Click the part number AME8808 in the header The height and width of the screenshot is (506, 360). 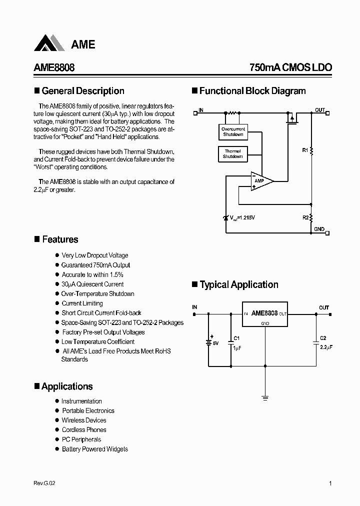(x=54, y=68)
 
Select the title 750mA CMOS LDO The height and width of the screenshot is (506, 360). (x=290, y=68)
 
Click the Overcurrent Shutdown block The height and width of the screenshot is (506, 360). (x=233, y=132)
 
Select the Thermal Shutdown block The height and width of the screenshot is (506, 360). (x=232, y=154)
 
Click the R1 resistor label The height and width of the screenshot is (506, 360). (x=305, y=150)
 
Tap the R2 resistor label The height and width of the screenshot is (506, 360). (x=305, y=217)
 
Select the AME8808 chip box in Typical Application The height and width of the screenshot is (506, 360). (x=265, y=314)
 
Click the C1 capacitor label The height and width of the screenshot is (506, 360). (x=237, y=338)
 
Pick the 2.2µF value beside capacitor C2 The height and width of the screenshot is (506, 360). (x=326, y=346)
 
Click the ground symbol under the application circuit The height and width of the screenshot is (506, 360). (x=265, y=398)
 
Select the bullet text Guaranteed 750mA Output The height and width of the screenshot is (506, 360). (x=95, y=265)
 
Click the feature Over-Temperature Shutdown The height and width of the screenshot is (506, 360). (x=97, y=293)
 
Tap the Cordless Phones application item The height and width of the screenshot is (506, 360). (x=84, y=429)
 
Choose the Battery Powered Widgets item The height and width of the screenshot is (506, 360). (x=94, y=449)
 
